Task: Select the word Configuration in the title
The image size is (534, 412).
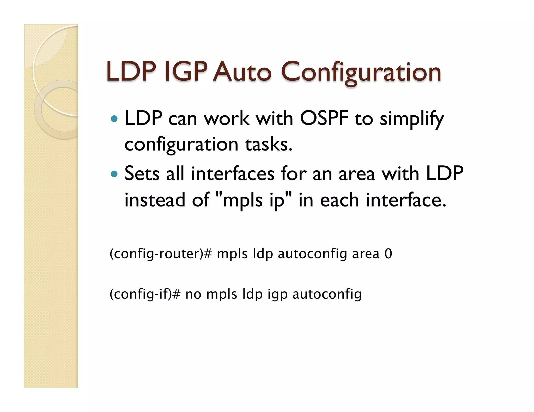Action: pos(361,72)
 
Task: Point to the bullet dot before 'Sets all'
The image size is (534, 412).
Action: pos(114,174)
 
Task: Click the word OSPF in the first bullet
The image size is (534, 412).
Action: pos(324,119)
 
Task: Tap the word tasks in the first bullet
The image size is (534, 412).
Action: pos(269,144)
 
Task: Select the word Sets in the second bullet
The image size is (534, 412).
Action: pos(142,173)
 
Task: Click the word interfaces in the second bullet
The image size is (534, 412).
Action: pos(233,173)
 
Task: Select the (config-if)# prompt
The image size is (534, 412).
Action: pos(145,294)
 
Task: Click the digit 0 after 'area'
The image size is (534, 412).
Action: pos(388,254)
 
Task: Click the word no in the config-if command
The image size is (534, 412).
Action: pos(193,294)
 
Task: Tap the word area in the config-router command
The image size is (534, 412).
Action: pos(366,254)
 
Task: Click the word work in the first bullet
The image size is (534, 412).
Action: pos(226,119)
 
